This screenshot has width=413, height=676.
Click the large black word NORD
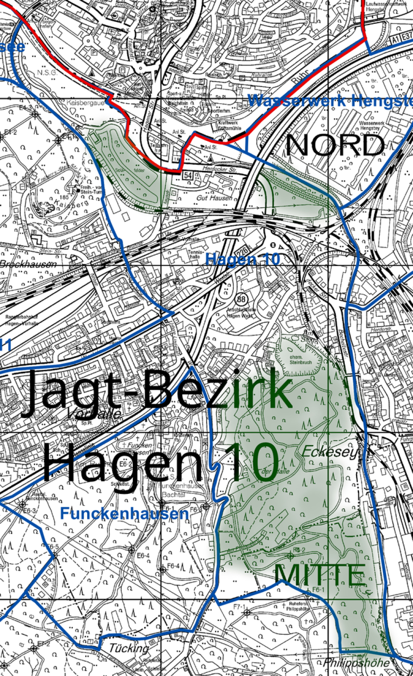tap(335, 146)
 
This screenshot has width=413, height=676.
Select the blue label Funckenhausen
tap(124, 514)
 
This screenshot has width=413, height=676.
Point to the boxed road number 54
tap(187, 176)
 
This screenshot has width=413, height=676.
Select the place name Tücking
tap(128, 648)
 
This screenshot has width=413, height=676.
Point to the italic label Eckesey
tap(330, 452)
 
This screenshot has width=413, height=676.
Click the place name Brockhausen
tap(28, 264)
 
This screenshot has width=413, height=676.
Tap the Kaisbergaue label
tap(85, 103)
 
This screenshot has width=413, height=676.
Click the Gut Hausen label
tap(214, 198)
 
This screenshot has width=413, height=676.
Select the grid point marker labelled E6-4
tap(132, 549)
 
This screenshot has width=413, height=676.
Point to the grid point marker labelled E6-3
tap(22, 504)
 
